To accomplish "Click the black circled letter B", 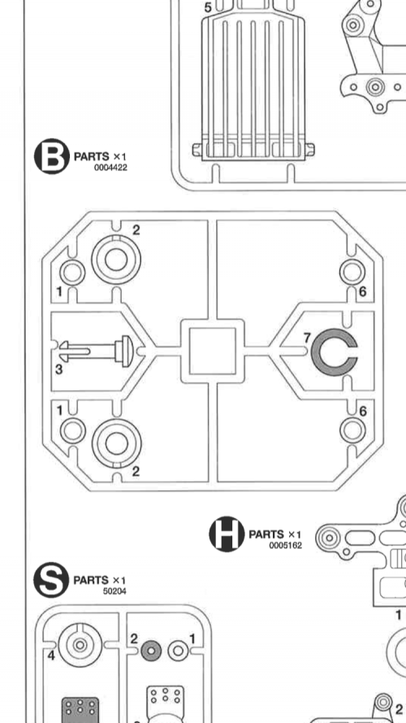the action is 51,156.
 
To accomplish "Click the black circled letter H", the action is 227,534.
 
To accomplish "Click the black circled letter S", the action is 51,580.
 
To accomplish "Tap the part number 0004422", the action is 110,168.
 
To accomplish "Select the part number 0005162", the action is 285,546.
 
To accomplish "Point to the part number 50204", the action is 114,591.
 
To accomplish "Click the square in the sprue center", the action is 213,351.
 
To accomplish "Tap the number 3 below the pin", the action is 59,369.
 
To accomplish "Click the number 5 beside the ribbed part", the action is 208,8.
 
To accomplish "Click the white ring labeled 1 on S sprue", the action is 178,651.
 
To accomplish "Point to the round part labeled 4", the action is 80,644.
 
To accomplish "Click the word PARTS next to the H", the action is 266,534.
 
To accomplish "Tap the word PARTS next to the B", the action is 91,157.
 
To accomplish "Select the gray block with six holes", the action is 80,710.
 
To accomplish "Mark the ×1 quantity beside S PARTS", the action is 119,580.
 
